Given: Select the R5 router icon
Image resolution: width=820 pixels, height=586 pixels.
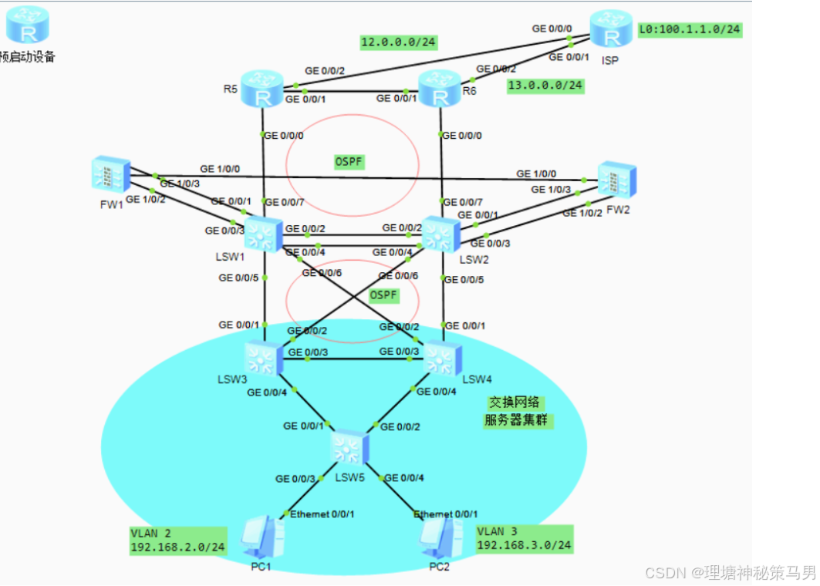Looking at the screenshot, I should tap(263, 89).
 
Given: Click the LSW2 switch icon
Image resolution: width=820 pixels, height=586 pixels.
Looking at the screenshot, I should tap(440, 234).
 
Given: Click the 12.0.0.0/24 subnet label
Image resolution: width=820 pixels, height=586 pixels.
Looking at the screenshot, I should tap(399, 42).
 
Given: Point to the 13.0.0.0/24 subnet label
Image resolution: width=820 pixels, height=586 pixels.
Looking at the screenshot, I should tap(545, 86).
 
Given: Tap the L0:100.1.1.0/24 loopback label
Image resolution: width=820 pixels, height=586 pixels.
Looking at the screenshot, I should tap(690, 30).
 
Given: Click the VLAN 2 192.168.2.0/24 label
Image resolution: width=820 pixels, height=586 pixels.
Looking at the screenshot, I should tap(178, 540).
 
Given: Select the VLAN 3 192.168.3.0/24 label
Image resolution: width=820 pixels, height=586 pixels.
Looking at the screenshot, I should tap(525, 538).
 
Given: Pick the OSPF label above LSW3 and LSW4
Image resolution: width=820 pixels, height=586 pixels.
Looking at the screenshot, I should tap(383, 295).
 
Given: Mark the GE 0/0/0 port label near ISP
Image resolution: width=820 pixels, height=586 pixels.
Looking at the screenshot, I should tap(552, 29).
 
